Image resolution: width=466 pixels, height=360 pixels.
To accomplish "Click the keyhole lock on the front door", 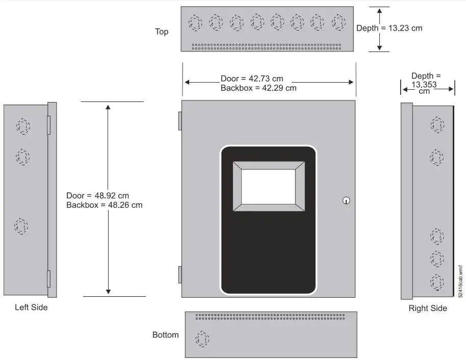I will tap(346, 200).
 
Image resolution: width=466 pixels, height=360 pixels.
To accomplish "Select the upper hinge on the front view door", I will tap(180, 120).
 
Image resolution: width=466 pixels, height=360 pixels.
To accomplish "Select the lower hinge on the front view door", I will tap(180, 274).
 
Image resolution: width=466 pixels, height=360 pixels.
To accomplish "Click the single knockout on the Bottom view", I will tap(202, 339).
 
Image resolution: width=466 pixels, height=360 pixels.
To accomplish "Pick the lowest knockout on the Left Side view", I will tap(21, 226).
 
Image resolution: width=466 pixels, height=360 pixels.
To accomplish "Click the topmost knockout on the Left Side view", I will tap(22, 126).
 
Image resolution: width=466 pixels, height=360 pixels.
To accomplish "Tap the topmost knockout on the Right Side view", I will tap(437, 124).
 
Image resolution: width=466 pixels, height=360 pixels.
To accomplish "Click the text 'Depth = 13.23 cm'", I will tap(389, 29).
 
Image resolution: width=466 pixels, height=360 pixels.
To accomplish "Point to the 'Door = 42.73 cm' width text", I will tap(251, 79).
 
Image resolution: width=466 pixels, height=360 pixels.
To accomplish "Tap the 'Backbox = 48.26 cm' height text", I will tap(104, 205).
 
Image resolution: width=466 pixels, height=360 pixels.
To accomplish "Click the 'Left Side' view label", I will tap(31, 307).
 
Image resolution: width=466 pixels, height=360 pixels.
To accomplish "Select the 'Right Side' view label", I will tap(428, 308).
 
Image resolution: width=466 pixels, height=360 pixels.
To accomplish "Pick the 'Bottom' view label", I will tap(166, 335).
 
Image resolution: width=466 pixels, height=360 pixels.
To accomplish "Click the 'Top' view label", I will tap(162, 32).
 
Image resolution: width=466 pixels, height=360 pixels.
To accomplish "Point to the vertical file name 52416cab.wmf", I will tap(460, 281).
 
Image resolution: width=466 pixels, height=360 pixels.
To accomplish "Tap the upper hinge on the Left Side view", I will tap(48, 125).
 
